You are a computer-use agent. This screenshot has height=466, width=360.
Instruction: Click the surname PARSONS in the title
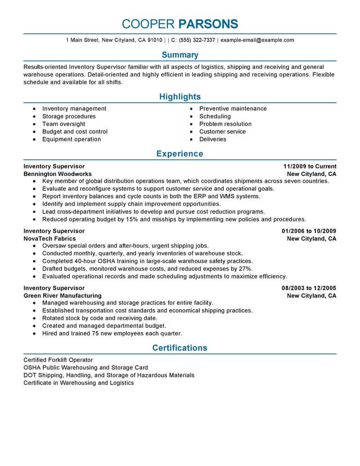click(208, 24)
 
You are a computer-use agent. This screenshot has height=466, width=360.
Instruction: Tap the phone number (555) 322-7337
click(197, 40)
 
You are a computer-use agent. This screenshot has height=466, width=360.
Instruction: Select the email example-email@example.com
click(257, 40)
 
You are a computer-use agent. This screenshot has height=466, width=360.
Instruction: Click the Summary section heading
click(180, 55)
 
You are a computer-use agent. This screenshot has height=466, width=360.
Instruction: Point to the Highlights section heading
click(180, 97)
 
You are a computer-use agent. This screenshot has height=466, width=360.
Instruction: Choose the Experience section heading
click(180, 154)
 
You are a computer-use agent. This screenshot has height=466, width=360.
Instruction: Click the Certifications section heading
click(180, 348)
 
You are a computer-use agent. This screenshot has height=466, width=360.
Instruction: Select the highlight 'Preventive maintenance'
click(233, 109)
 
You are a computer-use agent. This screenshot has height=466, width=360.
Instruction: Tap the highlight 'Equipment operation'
click(72, 139)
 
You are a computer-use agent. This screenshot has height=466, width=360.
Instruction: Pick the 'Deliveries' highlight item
click(212, 139)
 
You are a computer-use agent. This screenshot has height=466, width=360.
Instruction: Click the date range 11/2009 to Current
click(310, 167)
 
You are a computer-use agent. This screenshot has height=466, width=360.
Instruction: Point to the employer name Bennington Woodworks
click(58, 174)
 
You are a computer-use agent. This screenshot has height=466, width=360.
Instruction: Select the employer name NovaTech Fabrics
click(49, 239)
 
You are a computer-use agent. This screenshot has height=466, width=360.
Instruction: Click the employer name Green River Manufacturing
click(63, 296)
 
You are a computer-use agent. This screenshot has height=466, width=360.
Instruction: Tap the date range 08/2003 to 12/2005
click(309, 288)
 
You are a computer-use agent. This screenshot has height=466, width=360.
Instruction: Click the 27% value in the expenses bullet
click(245, 269)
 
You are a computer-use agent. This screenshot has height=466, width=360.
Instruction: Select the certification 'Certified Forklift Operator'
click(58, 360)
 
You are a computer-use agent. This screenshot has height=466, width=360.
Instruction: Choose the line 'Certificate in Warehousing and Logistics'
click(79, 383)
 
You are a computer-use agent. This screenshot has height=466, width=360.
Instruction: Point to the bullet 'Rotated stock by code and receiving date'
click(97, 318)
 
